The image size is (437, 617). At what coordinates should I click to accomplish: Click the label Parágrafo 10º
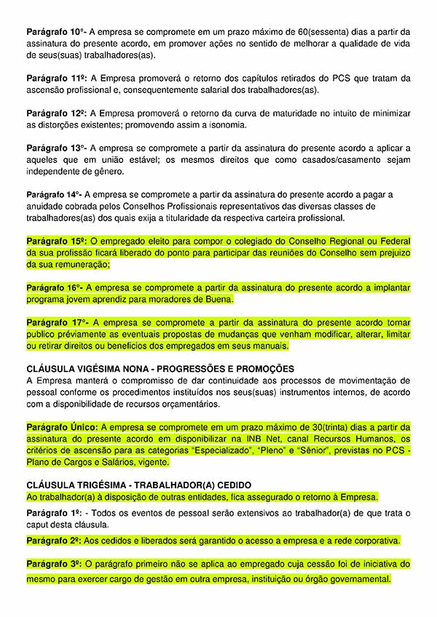(x=55, y=31)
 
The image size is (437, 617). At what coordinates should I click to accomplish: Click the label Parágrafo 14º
(x=54, y=195)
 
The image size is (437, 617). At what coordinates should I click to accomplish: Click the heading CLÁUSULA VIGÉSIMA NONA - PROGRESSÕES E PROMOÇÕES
(x=160, y=369)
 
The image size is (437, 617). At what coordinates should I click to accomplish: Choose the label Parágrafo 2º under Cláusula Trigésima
(x=54, y=541)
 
